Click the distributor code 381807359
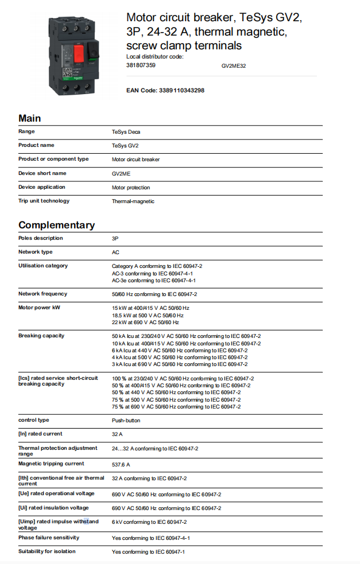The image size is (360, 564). point(141,65)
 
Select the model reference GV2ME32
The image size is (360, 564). point(234,66)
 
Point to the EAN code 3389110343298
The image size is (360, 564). point(165,91)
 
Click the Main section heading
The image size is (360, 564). point(30,118)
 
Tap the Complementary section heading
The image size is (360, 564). point(56,225)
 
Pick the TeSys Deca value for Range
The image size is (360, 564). point(126,132)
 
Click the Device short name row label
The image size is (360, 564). point(42,173)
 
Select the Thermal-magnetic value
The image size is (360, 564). point(133,201)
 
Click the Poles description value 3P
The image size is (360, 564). point(115,238)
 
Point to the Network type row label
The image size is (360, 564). point(35,252)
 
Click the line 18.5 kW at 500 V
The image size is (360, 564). point(148,315)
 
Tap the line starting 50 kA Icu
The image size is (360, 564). point(186,336)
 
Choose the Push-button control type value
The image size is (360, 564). point(126,421)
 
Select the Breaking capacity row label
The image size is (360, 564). point(41,336)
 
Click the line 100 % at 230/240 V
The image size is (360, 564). point(183,379)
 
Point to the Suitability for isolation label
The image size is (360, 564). point(47,551)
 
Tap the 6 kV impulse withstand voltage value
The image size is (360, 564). point(149,522)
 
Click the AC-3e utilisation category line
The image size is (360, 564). point(153,281)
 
